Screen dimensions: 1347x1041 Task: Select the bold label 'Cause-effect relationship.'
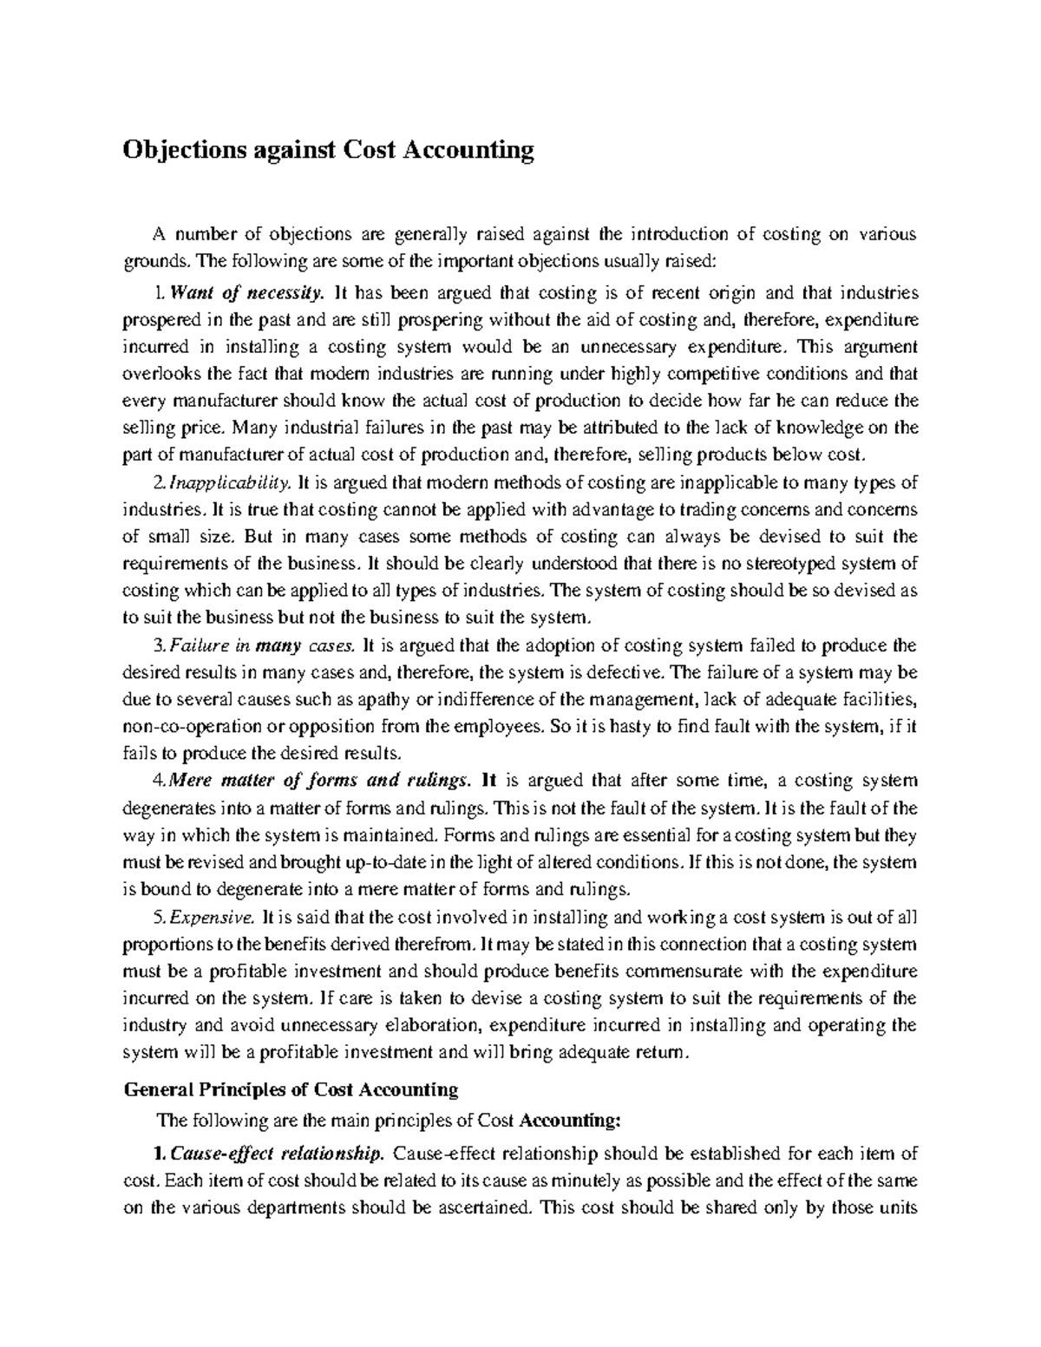(x=277, y=1154)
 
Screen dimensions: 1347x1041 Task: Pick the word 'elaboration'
(x=432, y=1025)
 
